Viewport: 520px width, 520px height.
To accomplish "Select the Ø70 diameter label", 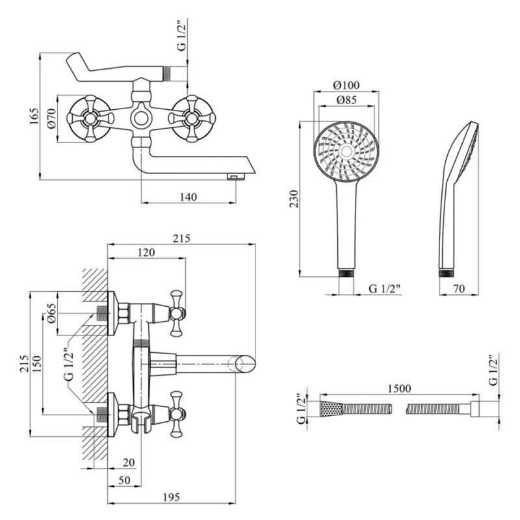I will (x=50, y=118).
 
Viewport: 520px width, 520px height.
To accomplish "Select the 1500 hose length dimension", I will (x=398, y=388).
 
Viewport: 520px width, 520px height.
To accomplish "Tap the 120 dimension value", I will (x=146, y=252).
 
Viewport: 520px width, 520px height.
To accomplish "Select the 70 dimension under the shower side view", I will (x=459, y=289).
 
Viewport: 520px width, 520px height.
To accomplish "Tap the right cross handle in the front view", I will (x=192, y=118).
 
